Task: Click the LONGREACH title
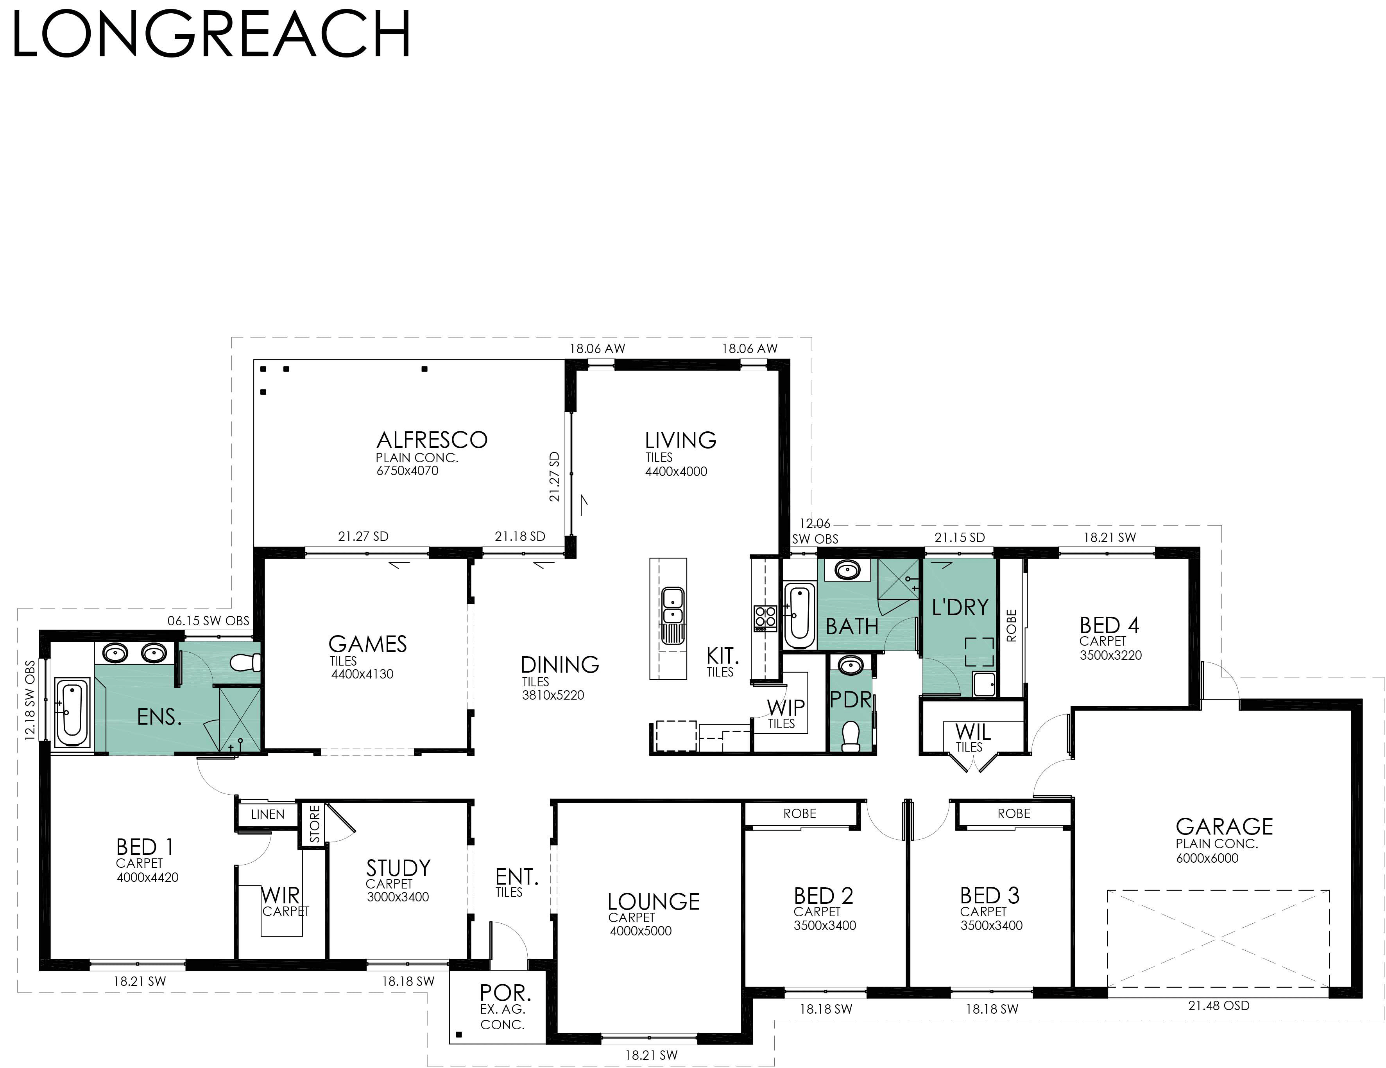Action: [211, 35]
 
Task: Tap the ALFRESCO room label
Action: [432, 440]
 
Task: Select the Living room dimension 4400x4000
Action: [676, 471]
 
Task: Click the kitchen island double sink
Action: [672, 607]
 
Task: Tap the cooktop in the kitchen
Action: [765, 617]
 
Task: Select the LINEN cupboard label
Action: [267, 815]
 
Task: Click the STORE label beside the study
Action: [315, 824]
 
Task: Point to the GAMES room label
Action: [367, 644]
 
